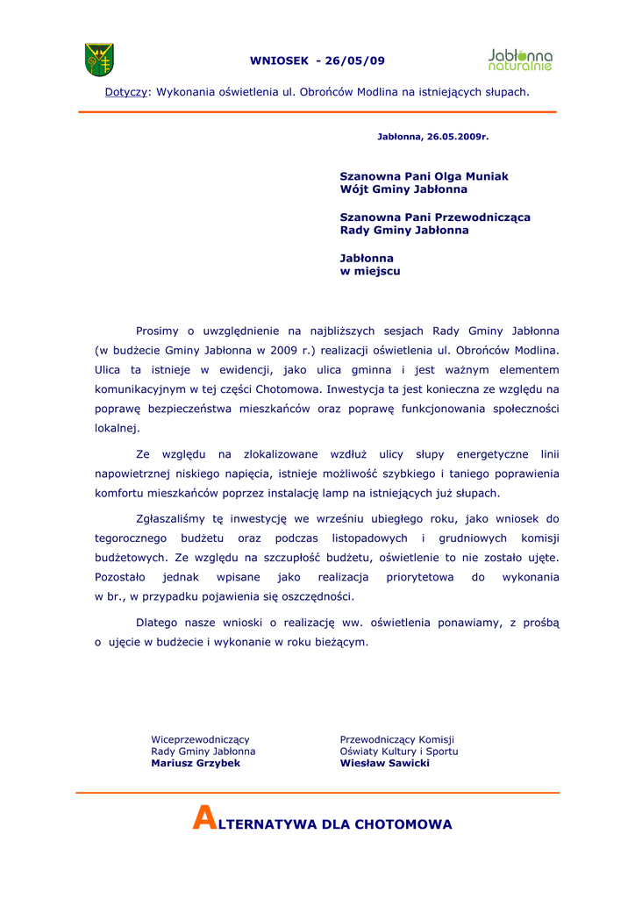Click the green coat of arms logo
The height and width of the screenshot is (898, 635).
(x=99, y=60)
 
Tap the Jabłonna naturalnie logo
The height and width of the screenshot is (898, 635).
(x=520, y=60)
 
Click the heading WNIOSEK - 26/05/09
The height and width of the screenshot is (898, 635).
(x=317, y=61)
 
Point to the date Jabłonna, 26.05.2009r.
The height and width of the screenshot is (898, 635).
(x=432, y=137)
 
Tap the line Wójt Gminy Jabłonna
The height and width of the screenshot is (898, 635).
(x=403, y=189)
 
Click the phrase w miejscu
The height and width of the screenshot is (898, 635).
(x=370, y=272)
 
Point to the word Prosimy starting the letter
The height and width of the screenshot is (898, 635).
(x=158, y=331)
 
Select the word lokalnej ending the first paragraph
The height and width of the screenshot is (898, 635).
(x=117, y=429)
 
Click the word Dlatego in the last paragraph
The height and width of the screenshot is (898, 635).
(x=157, y=623)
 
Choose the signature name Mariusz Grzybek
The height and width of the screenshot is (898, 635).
(x=196, y=764)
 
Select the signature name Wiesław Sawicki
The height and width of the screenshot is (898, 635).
(x=385, y=764)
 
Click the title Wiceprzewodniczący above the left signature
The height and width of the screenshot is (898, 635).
(x=200, y=740)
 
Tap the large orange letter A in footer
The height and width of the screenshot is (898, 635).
(x=203, y=820)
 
